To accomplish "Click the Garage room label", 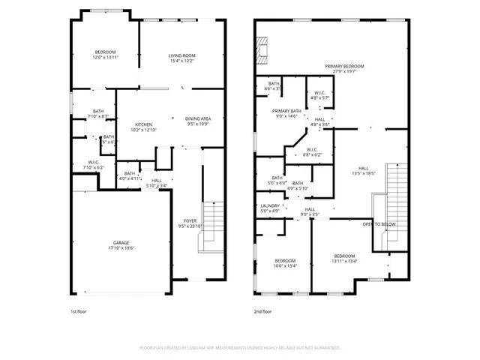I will [x=121, y=243].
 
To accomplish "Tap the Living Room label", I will [x=181, y=55].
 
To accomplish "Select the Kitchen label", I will [x=143, y=124].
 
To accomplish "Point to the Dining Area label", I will [x=198, y=119].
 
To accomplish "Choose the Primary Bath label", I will [x=286, y=111].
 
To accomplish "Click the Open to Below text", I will [x=378, y=224].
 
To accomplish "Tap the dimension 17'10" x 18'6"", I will [x=121, y=247].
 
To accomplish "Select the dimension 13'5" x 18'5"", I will [x=363, y=173].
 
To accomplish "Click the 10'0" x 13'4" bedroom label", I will [x=286, y=263].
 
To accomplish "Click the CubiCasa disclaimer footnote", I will [x=240, y=348].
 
